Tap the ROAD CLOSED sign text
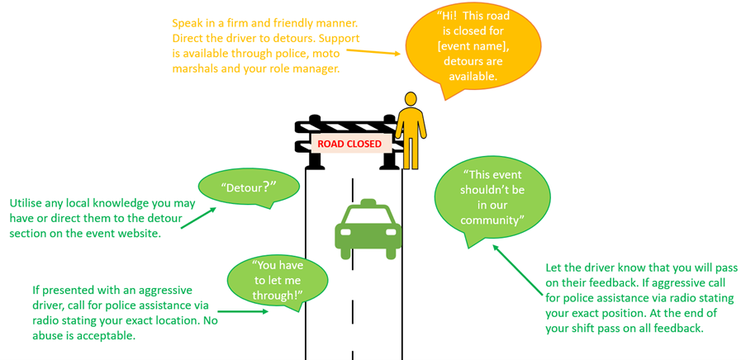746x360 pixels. click(x=349, y=143)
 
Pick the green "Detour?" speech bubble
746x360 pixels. click(x=249, y=187)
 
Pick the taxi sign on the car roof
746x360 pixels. click(x=368, y=204)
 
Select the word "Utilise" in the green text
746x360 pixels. click(x=29, y=202)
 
